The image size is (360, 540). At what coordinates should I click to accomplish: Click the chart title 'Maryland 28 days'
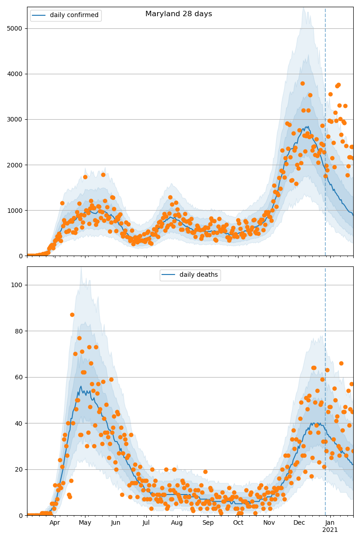point(179,14)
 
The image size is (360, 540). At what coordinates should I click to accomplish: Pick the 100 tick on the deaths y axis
point(18,285)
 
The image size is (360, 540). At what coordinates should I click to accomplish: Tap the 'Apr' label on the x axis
point(55,522)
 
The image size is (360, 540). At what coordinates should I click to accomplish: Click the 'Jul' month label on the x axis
point(146,522)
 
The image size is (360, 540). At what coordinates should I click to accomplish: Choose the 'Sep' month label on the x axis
point(208,522)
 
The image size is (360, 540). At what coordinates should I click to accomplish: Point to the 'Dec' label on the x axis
point(299,522)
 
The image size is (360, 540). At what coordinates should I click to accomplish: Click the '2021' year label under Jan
point(330,530)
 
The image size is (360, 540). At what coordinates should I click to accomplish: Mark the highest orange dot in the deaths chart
point(72,315)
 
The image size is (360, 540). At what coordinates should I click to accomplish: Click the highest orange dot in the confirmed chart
point(302,83)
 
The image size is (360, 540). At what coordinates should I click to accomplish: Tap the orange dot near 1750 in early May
point(85,177)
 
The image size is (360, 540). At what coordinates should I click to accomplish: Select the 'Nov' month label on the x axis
point(269,522)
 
